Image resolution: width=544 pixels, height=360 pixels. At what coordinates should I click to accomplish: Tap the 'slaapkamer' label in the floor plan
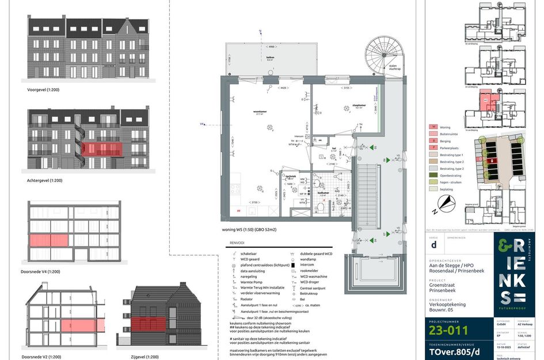(x=344, y=105)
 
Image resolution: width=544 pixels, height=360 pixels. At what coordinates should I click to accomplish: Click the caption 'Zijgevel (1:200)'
(x=144, y=357)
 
